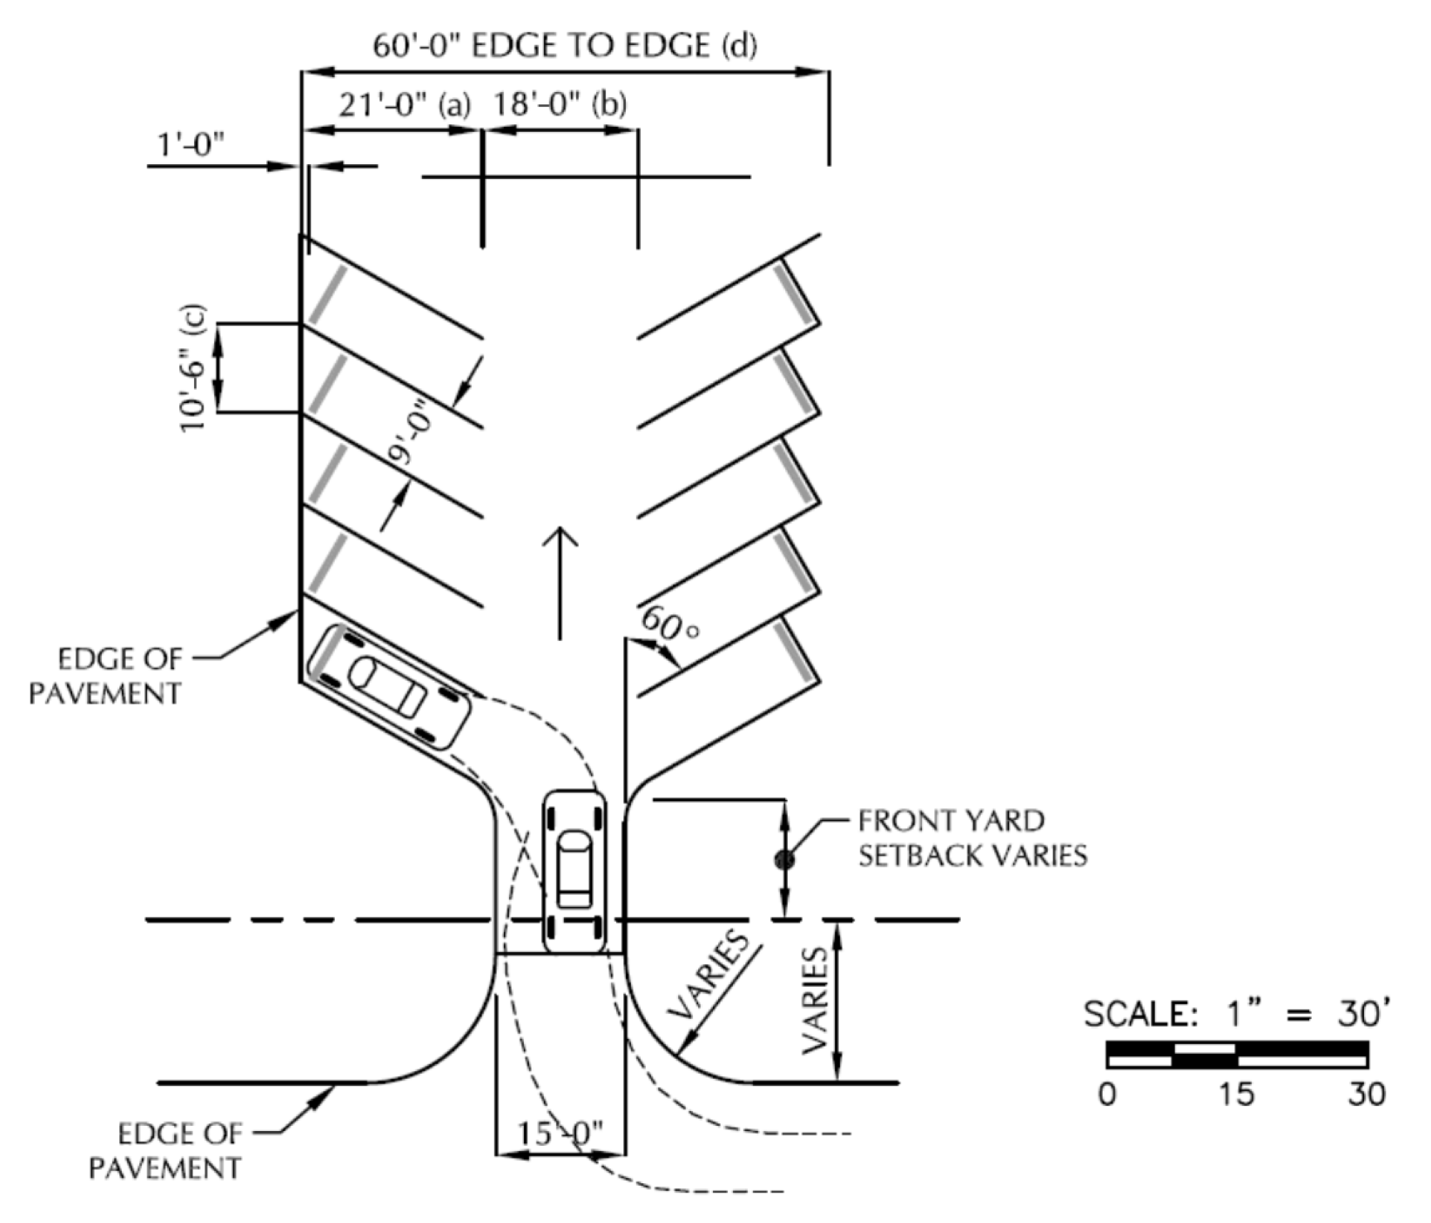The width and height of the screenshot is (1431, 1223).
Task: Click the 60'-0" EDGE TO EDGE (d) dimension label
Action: click(564, 45)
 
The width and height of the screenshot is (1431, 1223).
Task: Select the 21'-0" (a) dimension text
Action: click(405, 105)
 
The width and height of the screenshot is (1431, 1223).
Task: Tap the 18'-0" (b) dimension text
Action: click(560, 105)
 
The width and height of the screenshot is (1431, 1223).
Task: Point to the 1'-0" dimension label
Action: click(192, 146)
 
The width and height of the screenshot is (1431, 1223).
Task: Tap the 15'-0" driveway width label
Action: click(560, 1133)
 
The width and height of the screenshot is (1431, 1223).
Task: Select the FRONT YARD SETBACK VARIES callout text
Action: click(973, 837)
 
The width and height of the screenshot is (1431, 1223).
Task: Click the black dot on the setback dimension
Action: click(784, 860)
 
